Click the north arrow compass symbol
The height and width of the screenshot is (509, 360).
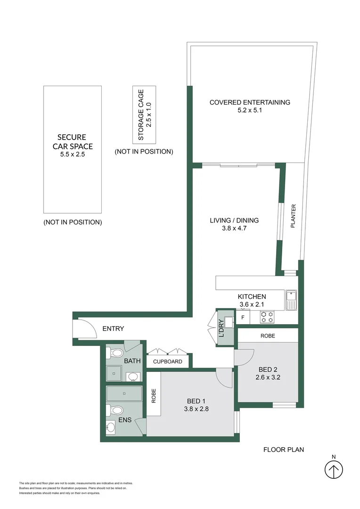(x=334, y=470)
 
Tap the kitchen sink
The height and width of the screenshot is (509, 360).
(x=291, y=300)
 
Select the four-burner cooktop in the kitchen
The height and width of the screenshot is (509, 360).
(x=267, y=317)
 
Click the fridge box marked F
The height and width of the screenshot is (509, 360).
(x=243, y=318)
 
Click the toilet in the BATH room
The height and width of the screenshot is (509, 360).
(x=114, y=353)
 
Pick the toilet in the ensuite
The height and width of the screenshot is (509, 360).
(x=115, y=410)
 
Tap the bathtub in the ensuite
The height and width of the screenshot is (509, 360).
(x=124, y=394)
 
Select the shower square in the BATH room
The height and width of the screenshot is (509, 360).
(x=114, y=374)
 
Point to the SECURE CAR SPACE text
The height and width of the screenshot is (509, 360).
(x=73, y=142)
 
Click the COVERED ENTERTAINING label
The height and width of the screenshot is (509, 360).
(x=250, y=102)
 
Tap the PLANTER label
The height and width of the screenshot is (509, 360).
(x=293, y=216)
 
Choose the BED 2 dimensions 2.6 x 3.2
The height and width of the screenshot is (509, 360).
(x=268, y=377)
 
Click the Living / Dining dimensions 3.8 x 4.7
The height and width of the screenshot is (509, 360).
(x=234, y=228)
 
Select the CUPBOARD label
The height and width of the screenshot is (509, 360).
(x=167, y=361)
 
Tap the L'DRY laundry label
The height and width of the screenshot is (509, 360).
(x=221, y=328)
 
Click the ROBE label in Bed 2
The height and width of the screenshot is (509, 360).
(x=268, y=336)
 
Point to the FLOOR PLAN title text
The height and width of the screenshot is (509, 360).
(x=284, y=450)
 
